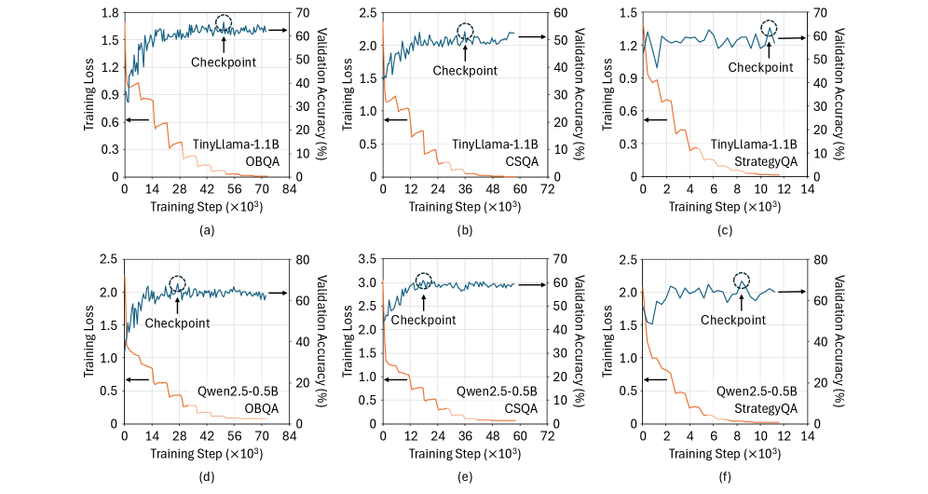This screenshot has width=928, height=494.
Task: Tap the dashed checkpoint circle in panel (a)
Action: [224, 24]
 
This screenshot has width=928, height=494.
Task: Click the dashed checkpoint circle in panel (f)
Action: [742, 281]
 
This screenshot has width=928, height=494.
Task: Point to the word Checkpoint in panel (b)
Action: [466, 71]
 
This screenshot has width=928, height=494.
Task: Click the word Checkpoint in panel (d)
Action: [177, 322]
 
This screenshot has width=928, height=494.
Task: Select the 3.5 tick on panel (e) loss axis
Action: [368, 259]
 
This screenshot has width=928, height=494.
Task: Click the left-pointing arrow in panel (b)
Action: [395, 120]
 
